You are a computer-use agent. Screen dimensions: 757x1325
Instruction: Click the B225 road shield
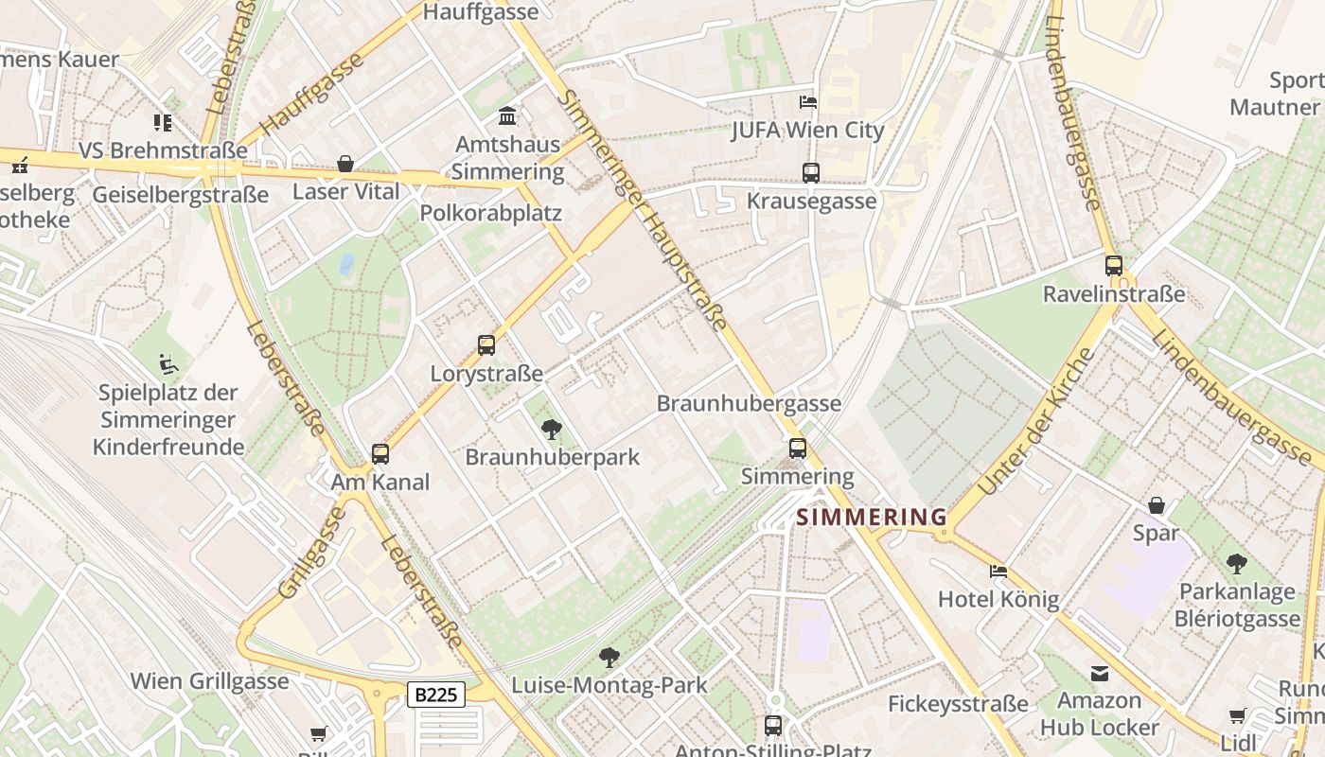coord(436,695)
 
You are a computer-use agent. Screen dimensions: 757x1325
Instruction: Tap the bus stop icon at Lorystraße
coord(486,345)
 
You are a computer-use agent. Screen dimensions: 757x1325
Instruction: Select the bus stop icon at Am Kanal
coord(380,454)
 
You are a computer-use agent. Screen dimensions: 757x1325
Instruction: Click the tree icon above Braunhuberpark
coord(552,430)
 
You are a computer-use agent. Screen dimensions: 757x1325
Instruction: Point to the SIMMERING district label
coord(872,518)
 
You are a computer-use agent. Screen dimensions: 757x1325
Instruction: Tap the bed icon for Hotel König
coord(998,571)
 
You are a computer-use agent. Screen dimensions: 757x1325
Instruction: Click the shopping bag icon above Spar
coord(1156,505)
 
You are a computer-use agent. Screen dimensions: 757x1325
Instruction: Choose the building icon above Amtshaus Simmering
coord(507,116)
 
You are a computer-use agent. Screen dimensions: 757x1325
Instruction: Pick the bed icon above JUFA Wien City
coord(807,102)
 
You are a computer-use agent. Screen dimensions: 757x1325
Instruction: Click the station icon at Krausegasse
coord(810,172)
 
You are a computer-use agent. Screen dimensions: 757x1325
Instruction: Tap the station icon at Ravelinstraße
coord(1114,266)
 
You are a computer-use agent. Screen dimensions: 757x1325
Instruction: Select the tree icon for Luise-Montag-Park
coord(609,657)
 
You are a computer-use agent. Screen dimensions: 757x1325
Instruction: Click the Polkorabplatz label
coord(490,213)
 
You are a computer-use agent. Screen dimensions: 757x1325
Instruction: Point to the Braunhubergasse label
coord(749,404)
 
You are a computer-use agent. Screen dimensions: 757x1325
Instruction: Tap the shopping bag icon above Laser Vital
coord(345,164)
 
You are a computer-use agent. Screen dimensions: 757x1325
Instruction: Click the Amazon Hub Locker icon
coord(1099,673)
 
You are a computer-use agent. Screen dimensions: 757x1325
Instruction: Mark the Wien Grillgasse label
coord(209,681)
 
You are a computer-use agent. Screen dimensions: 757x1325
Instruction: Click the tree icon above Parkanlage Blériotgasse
coord(1236,565)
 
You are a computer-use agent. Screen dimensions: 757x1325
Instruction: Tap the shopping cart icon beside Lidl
coord(1237,716)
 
